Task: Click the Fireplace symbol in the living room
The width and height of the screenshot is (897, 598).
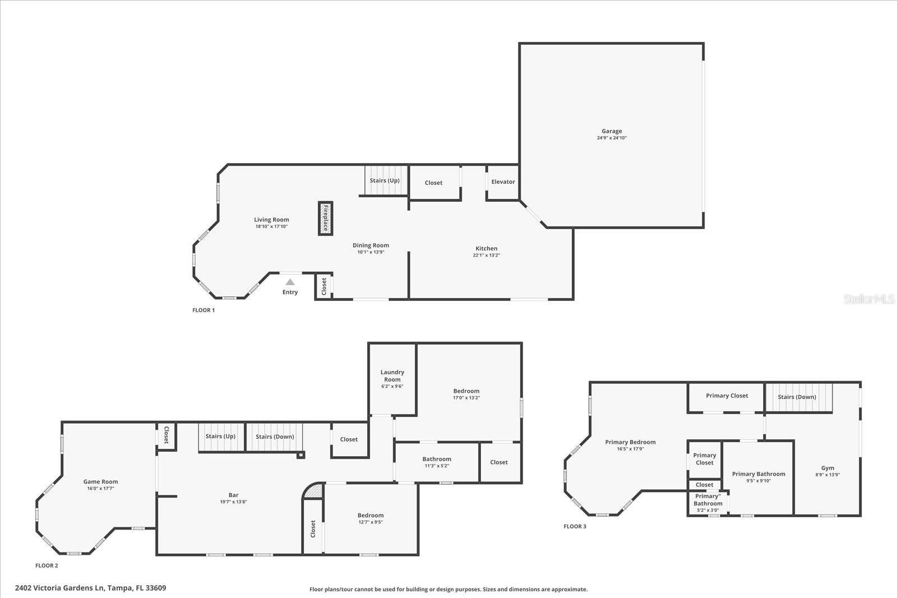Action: (326, 218)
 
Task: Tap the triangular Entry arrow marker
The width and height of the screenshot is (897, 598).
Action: (290, 282)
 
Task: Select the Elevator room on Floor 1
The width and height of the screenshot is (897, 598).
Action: (503, 183)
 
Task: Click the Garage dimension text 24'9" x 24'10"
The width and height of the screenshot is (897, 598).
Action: (612, 138)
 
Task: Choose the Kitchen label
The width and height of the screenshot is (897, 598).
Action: (486, 248)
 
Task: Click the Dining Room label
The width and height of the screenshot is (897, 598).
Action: (371, 245)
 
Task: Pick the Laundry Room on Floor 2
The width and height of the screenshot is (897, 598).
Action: (392, 379)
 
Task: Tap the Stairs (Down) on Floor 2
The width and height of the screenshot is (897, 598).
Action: (274, 437)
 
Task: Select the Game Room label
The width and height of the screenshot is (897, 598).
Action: (100, 481)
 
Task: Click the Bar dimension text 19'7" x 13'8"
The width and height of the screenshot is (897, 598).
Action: (233, 502)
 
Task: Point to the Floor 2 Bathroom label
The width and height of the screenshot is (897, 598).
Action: (437, 459)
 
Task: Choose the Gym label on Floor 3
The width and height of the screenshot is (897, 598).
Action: (827, 468)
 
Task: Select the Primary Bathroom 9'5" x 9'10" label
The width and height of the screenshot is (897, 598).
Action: (758, 477)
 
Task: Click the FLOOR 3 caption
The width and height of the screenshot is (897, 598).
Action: (575, 526)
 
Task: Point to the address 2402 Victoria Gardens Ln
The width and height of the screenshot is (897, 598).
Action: (59, 588)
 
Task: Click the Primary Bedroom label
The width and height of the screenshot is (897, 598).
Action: (630, 442)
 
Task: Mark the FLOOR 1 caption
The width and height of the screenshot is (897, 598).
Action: (204, 310)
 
